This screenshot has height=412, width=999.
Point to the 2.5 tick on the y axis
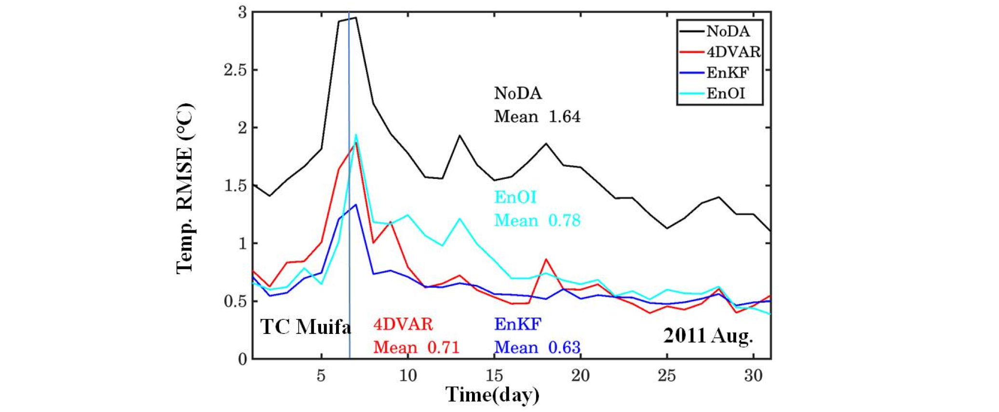point(235,70)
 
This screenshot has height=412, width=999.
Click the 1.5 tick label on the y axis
point(235,186)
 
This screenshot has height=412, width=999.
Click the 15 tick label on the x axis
point(494,375)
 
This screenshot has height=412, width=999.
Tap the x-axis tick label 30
point(753,375)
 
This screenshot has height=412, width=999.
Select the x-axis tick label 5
point(321,375)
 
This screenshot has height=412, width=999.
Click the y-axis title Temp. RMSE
point(185,188)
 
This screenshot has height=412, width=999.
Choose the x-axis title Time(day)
point(492,395)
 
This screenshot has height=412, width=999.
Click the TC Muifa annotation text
point(306,327)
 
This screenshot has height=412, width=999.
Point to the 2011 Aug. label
point(708,335)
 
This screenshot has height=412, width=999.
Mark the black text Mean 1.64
point(537,117)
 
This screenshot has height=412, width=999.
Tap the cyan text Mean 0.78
point(537,221)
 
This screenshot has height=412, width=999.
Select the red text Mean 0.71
point(416,347)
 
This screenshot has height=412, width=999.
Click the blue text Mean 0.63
point(537,347)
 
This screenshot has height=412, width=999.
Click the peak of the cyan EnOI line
point(356,135)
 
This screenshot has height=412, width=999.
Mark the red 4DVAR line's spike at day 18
point(546,259)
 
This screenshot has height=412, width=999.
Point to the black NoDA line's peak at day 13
point(459,135)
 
